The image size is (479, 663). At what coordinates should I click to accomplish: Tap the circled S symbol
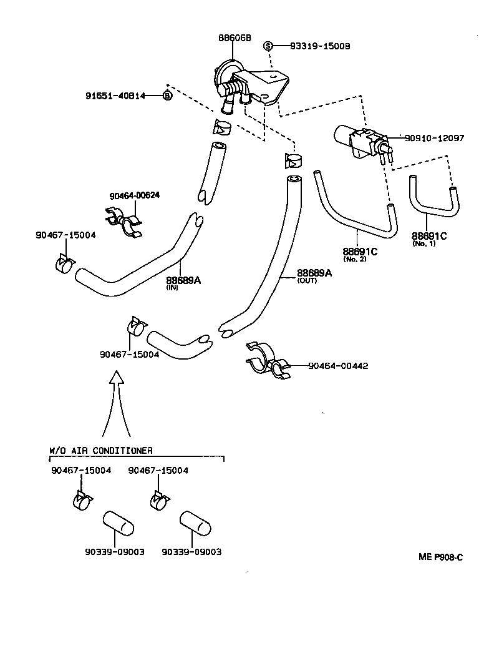(x=268, y=46)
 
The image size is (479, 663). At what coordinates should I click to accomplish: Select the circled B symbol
(x=167, y=96)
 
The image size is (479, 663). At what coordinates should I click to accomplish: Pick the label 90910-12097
(x=434, y=138)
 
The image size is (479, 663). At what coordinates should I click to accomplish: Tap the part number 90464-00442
(x=337, y=365)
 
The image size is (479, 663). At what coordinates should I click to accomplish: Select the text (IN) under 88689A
(x=172, y=288)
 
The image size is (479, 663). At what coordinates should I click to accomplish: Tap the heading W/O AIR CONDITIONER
(x=100, y=449)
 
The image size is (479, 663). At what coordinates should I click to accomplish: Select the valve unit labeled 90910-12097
(x=359, y=140)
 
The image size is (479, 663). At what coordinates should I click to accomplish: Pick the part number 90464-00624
(x=134, y=195)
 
